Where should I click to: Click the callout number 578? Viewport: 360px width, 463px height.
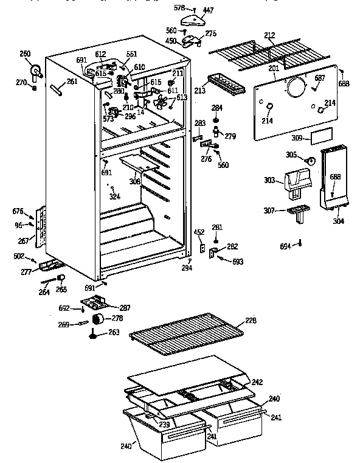click(x=179, y=7)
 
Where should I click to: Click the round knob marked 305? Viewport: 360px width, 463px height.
click(x=310, y=161)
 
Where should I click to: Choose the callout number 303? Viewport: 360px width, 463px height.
click(x=269, y=181)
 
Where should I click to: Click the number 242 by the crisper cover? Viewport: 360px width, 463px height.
click(x=257, y=381)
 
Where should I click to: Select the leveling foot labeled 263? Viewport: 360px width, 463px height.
click(x=94, y=333)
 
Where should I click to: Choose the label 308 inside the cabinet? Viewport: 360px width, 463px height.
click(x=134, y=181)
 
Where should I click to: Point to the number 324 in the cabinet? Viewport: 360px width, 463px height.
click(x=114, y=196)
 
